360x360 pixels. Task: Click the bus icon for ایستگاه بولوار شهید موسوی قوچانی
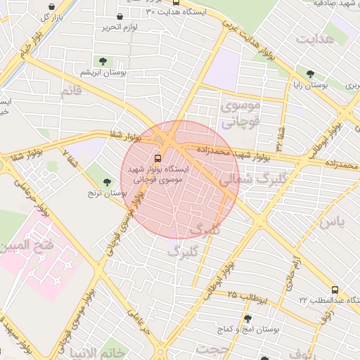[157, 157]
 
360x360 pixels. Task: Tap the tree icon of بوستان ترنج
[108, 182]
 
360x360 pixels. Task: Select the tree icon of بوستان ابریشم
[104, 61]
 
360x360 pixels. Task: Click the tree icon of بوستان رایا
[310, 72]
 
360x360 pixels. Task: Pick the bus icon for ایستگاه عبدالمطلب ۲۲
[334, 289]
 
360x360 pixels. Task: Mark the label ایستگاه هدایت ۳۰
[173, 12]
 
